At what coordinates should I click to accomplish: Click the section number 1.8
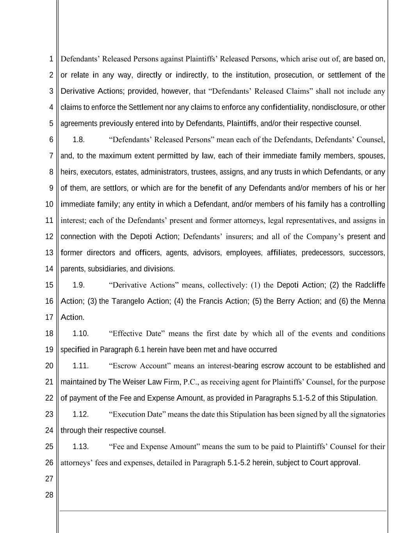[x=78, y=139]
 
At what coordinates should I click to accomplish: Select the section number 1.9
[x=78, y=285]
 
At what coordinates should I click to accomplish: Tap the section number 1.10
[x=80, y=333]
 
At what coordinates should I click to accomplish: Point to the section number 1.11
[x=80, y=366]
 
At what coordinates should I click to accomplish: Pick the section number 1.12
[x=80, y=414]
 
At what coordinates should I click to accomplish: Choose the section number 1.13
[x=80, y=447]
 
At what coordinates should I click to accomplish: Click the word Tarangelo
[x=128, y=301]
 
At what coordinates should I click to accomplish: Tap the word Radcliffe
[x=370, y=285]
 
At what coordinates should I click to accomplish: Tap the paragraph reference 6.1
[x=140, y=349]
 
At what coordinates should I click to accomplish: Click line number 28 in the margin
[x=49, y=495]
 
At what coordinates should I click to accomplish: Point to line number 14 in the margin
[x=49, y=269]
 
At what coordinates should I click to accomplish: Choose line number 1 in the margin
[x=51, y=59]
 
